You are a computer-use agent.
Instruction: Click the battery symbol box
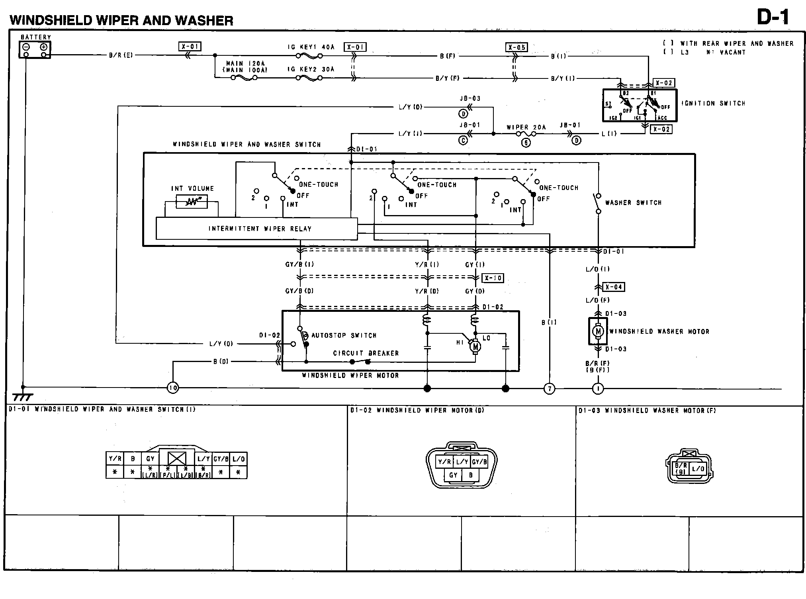pyautogui.click(x=35, y=49)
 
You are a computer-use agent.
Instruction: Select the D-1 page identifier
pyautogui.click(x=773, y=18)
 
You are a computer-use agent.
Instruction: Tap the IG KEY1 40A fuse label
pyautogui.click(x=311, y=47)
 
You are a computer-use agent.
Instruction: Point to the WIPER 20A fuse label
pyautogui.click(x=526, y=127)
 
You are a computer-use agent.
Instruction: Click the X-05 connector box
pyautogui.click(x=516, y=47)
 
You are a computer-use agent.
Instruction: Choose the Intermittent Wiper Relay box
pyautogui.click(x=256, y=229)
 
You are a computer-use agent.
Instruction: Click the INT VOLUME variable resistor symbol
pyautogui.click(x=192, y=202)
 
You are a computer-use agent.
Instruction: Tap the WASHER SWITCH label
pyautogui.click(x=633, y=203)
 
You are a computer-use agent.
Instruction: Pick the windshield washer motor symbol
pyautogui.click(x=598, y=331)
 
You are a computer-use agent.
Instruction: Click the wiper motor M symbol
pyautogui.click(x=475, y=347)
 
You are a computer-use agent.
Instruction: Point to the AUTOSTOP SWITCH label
pyautogui.click(x=344, y=335)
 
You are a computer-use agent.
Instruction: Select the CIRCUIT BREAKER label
pyautogui.click(x=366, y=353)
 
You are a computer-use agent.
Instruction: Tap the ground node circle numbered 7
pyautogui.click(x=549, y=388)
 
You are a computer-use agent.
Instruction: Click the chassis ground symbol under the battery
pyautogui.click(x=23, y=396)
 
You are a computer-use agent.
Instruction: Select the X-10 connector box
pyautogui.click(x=493, y=278)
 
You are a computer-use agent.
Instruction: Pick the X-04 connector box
pyautogui.click(x=614, y=287)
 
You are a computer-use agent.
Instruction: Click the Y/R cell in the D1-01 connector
pyautogui.click(x=115, y=459)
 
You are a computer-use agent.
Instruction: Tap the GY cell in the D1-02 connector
pyautogui.click(x=453, y=475)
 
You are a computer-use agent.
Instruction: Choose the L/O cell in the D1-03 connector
pyautogui.click(x=698, y=469)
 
